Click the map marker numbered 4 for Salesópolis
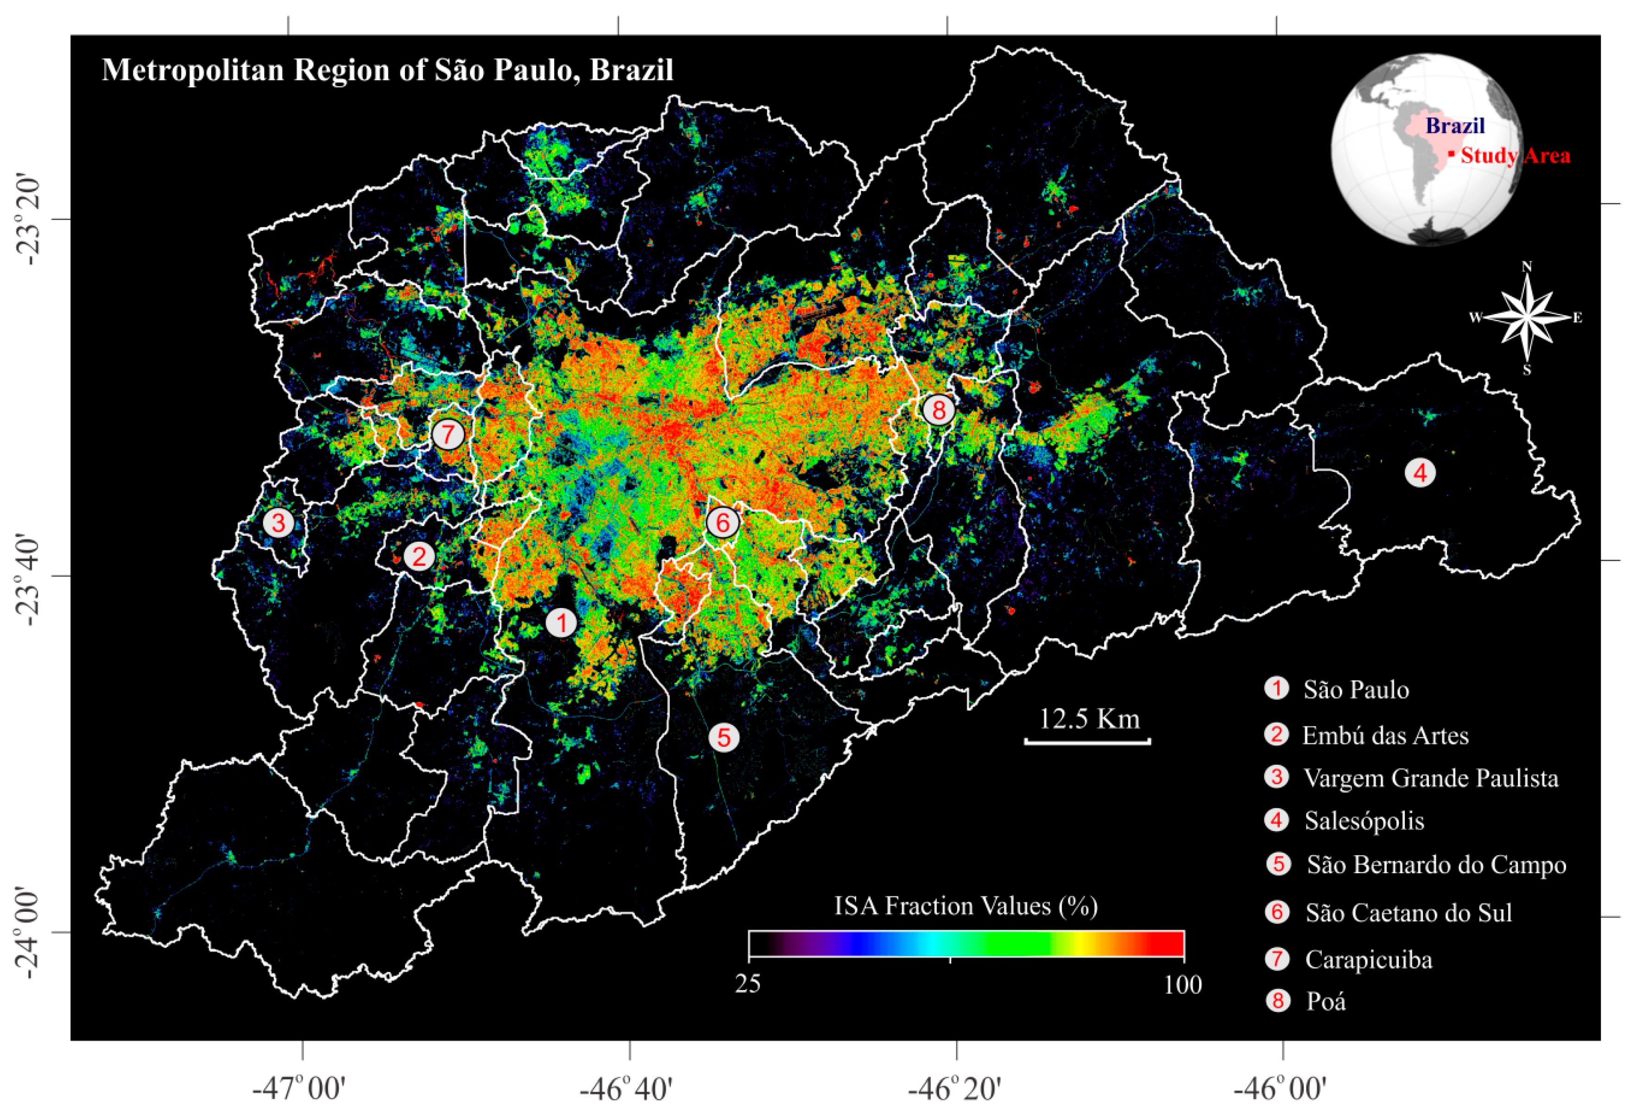click(x=1420, y=473)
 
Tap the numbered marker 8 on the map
click(x=938, y=409)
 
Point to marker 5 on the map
click(x=724, y=738)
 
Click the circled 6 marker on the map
click(x=722, y=523)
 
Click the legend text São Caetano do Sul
click(x=1409, y=913)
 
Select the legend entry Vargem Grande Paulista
click(x=1430, y=778)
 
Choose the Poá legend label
click(x=1326, y=1001)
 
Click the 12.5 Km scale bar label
click(x=1089, y=719)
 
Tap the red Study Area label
click(x=1514, y=156)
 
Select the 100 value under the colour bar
click(x=1183, y=984)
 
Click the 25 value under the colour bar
click(x=748, y=983)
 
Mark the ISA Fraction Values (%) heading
click(x=966, y=906)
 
